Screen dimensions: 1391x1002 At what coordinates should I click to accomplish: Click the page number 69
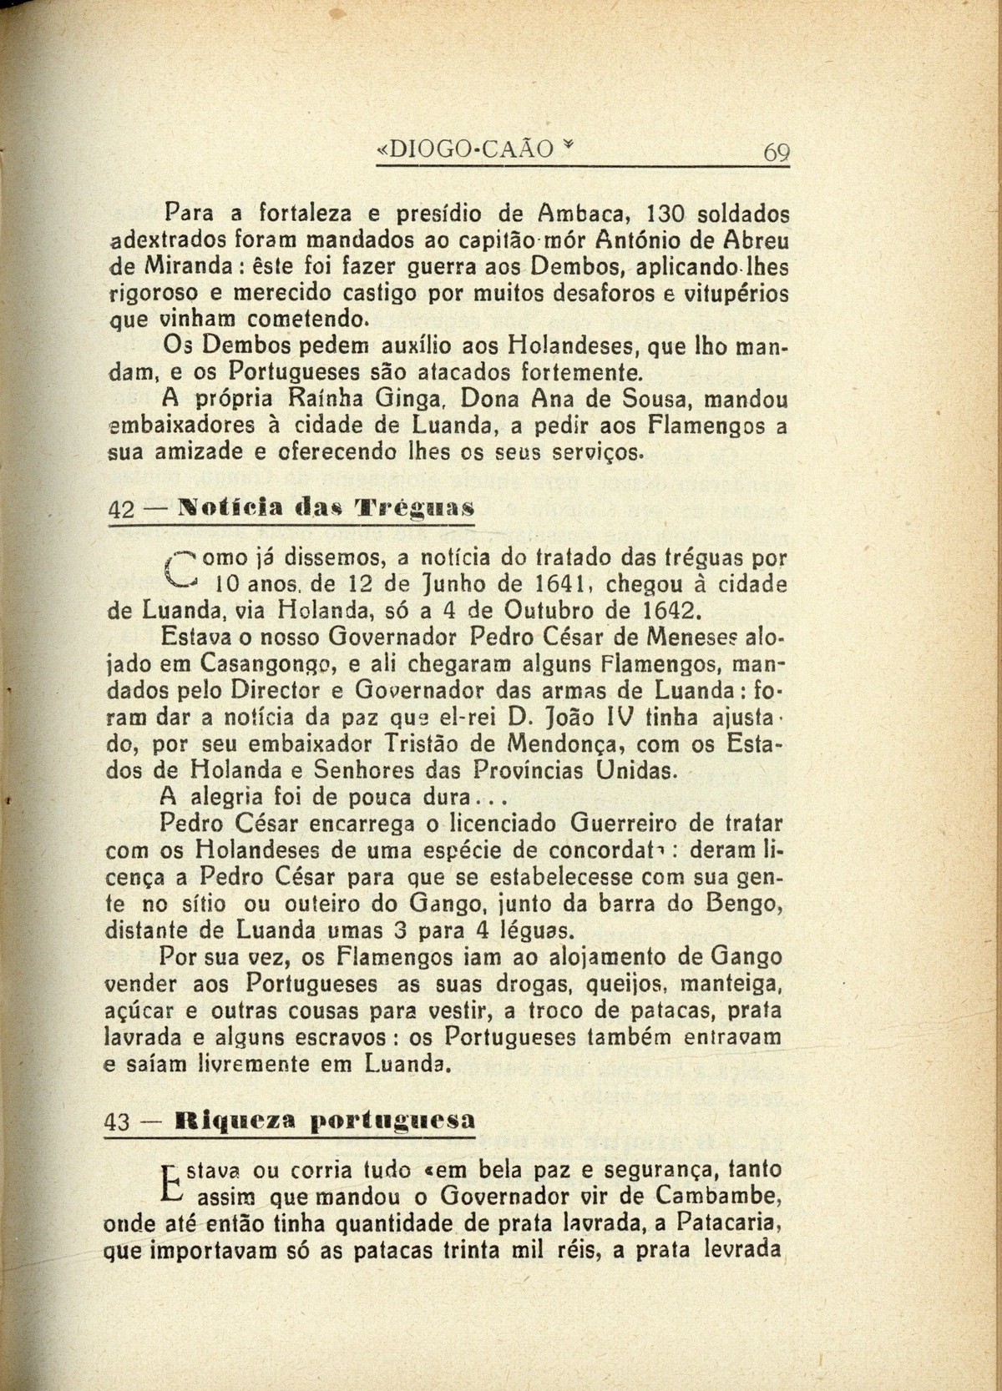point(776,152)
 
